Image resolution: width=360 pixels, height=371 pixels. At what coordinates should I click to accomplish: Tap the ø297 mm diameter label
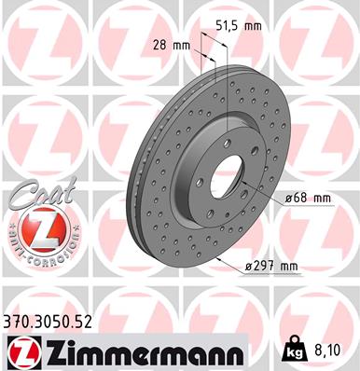coord(270,268)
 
